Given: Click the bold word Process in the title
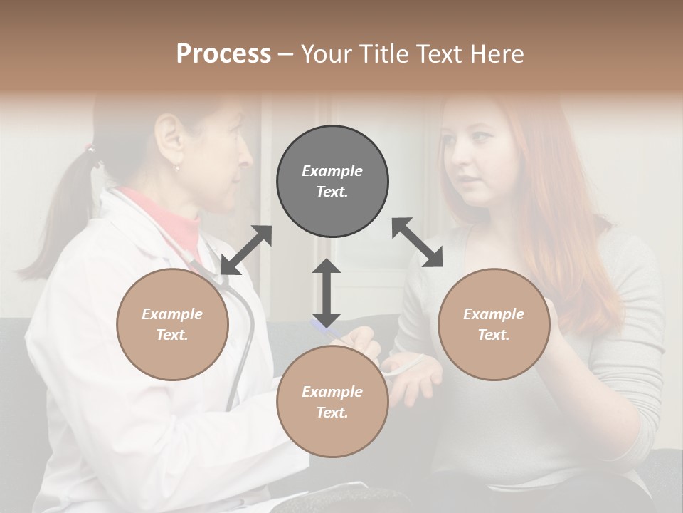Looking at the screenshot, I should (223, 54).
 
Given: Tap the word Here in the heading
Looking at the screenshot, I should (497, 54).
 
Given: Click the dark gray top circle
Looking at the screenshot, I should (332, 182).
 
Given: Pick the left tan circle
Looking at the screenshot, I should (172, 324).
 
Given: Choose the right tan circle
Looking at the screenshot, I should (494, 324).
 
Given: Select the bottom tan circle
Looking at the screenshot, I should (332, 402).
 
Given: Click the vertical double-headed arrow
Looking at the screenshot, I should (327, 291).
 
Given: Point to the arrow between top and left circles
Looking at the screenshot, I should (246, 250).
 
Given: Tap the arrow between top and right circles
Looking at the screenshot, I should (417, 242).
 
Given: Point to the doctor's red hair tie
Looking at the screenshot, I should (90, 150).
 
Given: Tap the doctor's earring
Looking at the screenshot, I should (176, 168).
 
